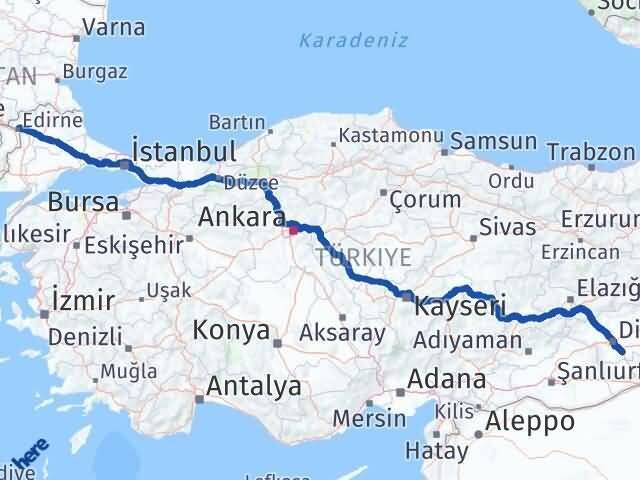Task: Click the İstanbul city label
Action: [184, 152]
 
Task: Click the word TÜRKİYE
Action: [363, 257]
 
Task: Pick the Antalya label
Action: [254, 386]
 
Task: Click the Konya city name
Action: [231, 330]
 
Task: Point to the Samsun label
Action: [493, 142]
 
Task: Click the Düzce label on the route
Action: [245, 183]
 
